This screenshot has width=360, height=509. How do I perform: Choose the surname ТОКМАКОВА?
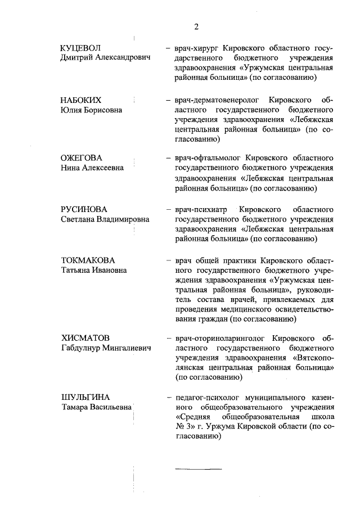88,260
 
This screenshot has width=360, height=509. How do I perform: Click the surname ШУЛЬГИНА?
85,397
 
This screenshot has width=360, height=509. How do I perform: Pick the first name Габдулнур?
83,349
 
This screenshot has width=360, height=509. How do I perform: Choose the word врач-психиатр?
201,209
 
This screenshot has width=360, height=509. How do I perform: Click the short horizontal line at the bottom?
198,468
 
